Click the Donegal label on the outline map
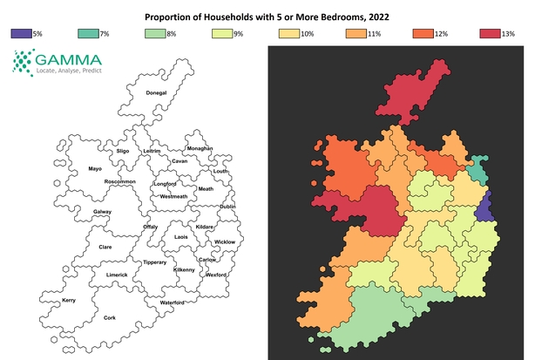point(156,92)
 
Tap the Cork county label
point(109,318)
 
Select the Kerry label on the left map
point(69,300)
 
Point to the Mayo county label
point(96,168)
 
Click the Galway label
point(102,212)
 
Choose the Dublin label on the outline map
point(227,207)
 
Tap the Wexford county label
point(216,275)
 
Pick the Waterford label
point(172,302)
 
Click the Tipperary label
point(155,262)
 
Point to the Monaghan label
point(200,148)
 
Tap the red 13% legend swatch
point(490,33)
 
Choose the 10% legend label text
point(307,33)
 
